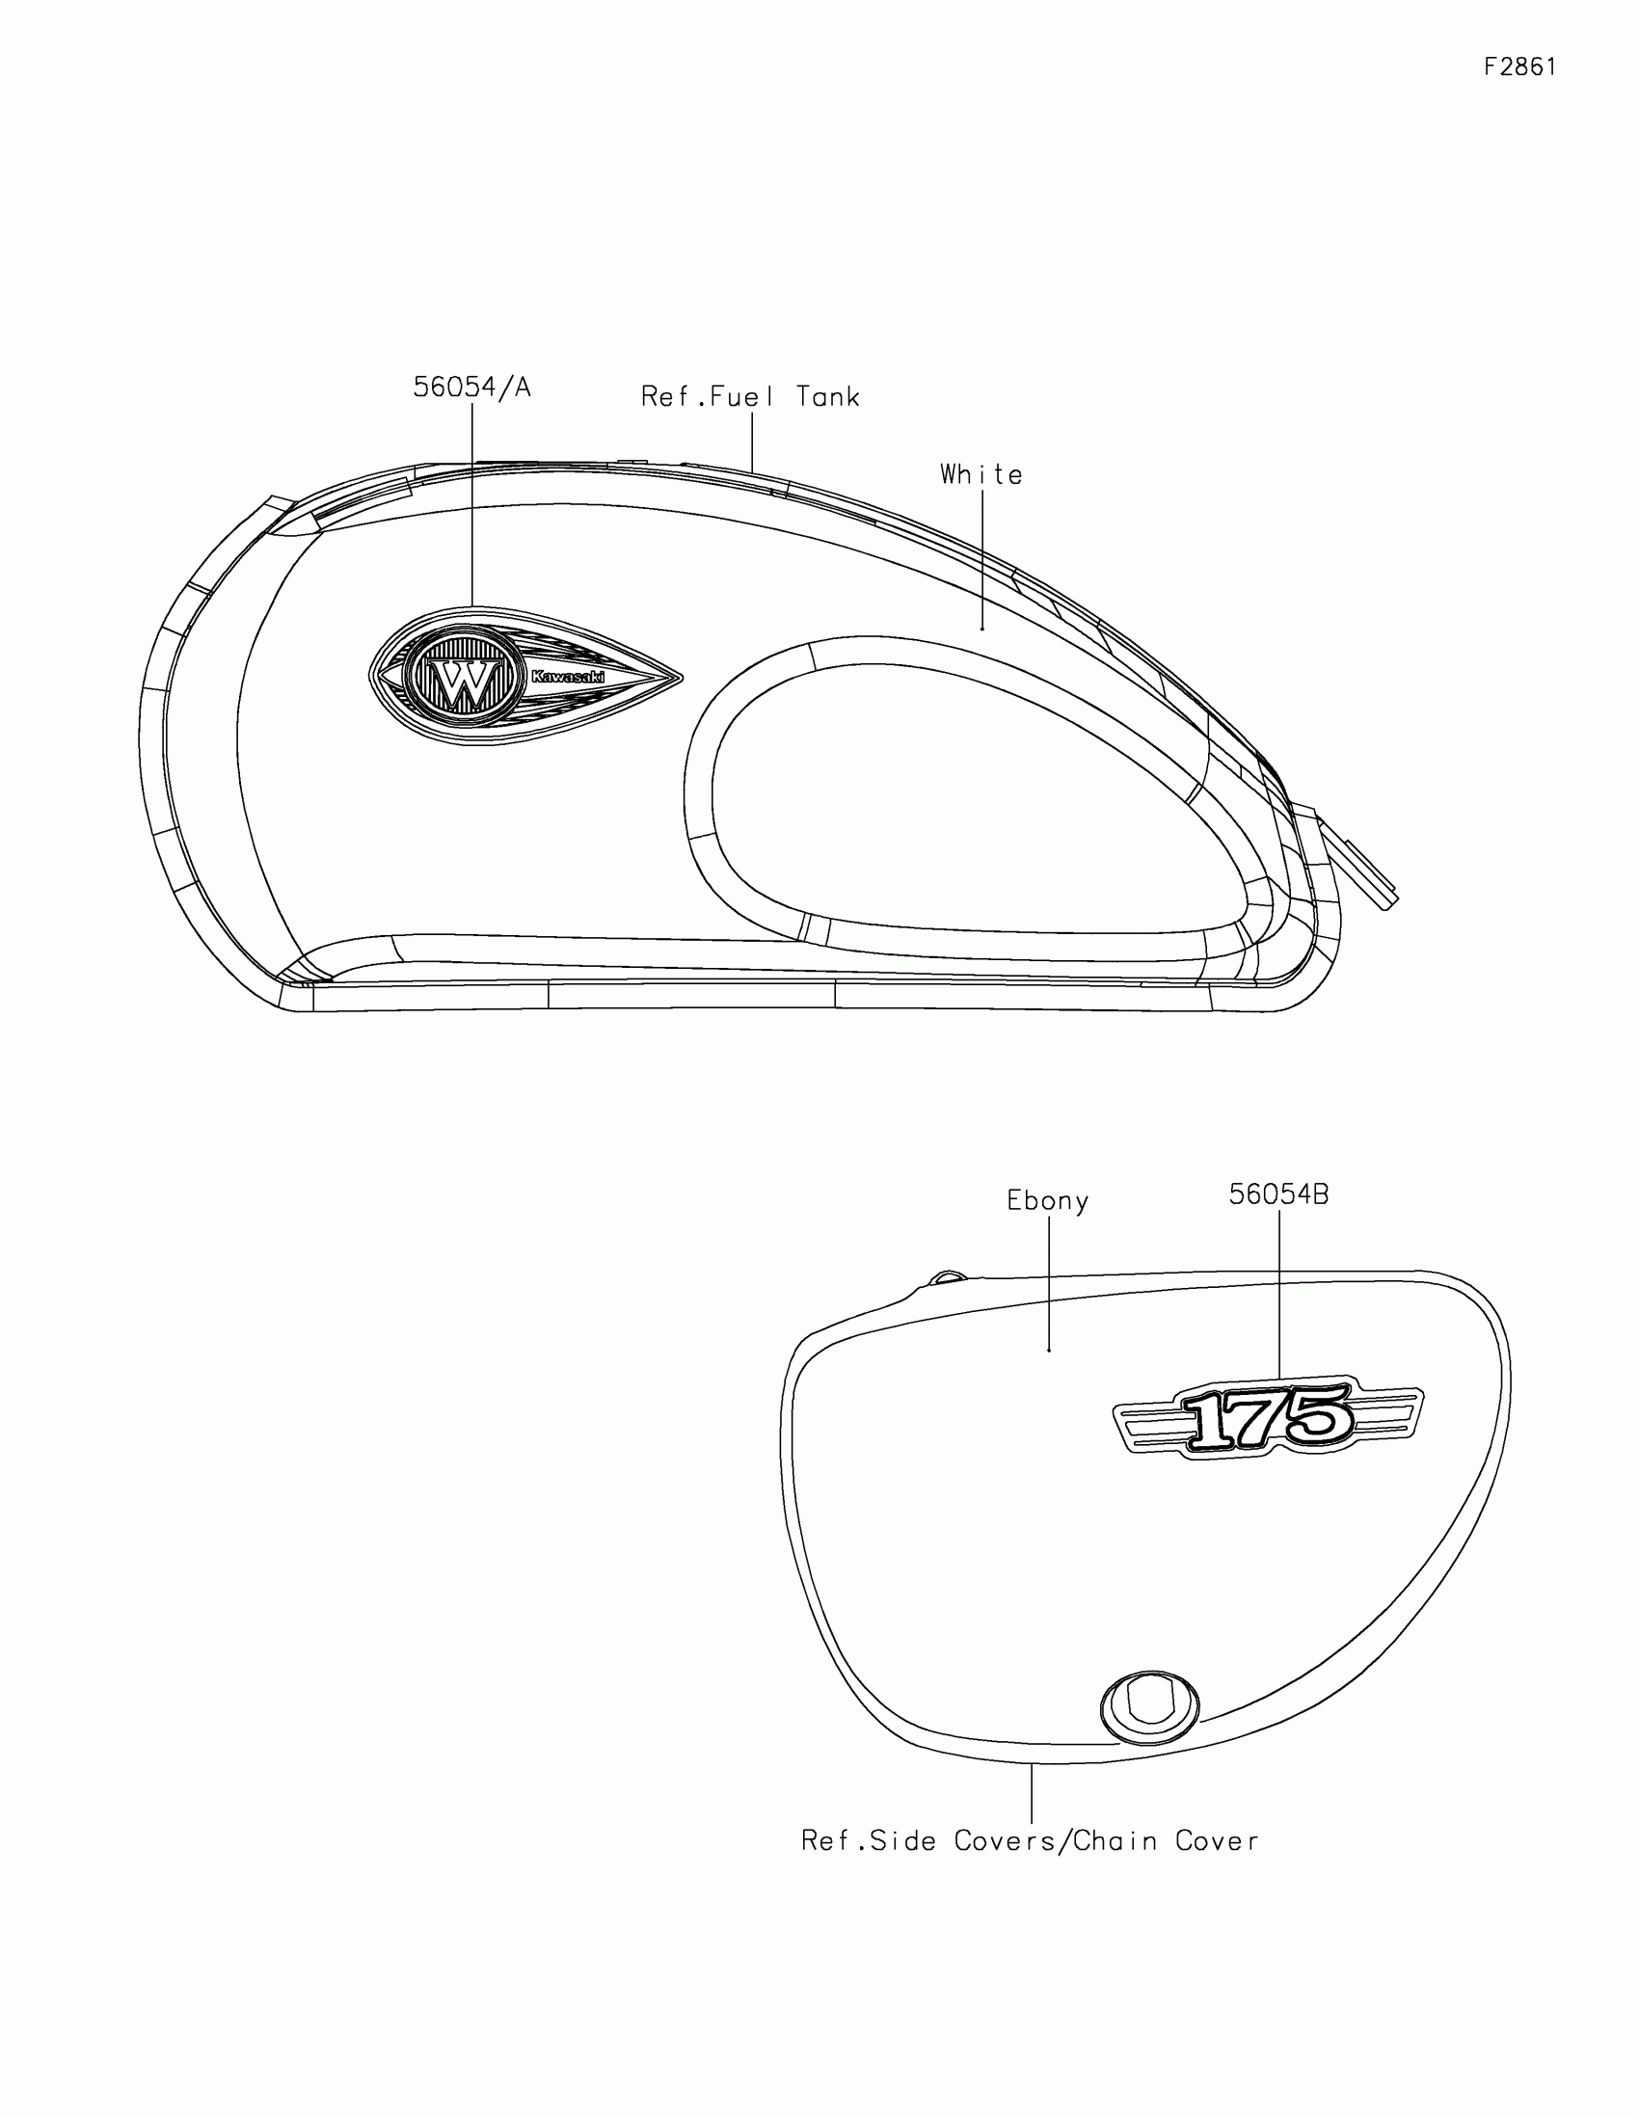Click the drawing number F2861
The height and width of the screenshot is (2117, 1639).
1519,66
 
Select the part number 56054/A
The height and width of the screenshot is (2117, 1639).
472,387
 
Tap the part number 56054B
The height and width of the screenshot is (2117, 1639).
1278,1194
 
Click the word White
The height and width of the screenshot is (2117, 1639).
981,474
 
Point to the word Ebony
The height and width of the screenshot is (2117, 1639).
1048,1200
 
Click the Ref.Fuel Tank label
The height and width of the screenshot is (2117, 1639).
750,396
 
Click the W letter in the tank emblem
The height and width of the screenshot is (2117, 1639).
467,683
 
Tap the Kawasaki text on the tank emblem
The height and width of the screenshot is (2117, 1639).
568,677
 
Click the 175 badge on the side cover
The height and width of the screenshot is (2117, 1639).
1268,1417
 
